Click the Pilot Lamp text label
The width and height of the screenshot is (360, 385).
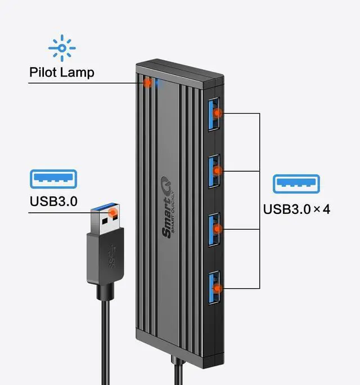pyautogui.click(x=62, y=73)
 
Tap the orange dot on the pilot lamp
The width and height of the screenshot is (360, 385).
pyautogui.click(x=147, y=83)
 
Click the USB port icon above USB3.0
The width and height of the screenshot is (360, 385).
pyautogui.click(x=53, y=179)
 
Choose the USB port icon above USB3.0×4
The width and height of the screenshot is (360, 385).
pyautogui.click(x=296, y=185)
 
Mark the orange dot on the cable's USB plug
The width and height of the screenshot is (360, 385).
pyautogui.click(x=113, y=213)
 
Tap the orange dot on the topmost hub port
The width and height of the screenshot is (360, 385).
pyautogui.click(x=219, y=113)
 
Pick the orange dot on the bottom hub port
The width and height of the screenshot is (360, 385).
pyautogui.click(x=219, y=288)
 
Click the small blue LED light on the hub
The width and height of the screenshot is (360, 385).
pyautogui.click(x=157, y=83)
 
